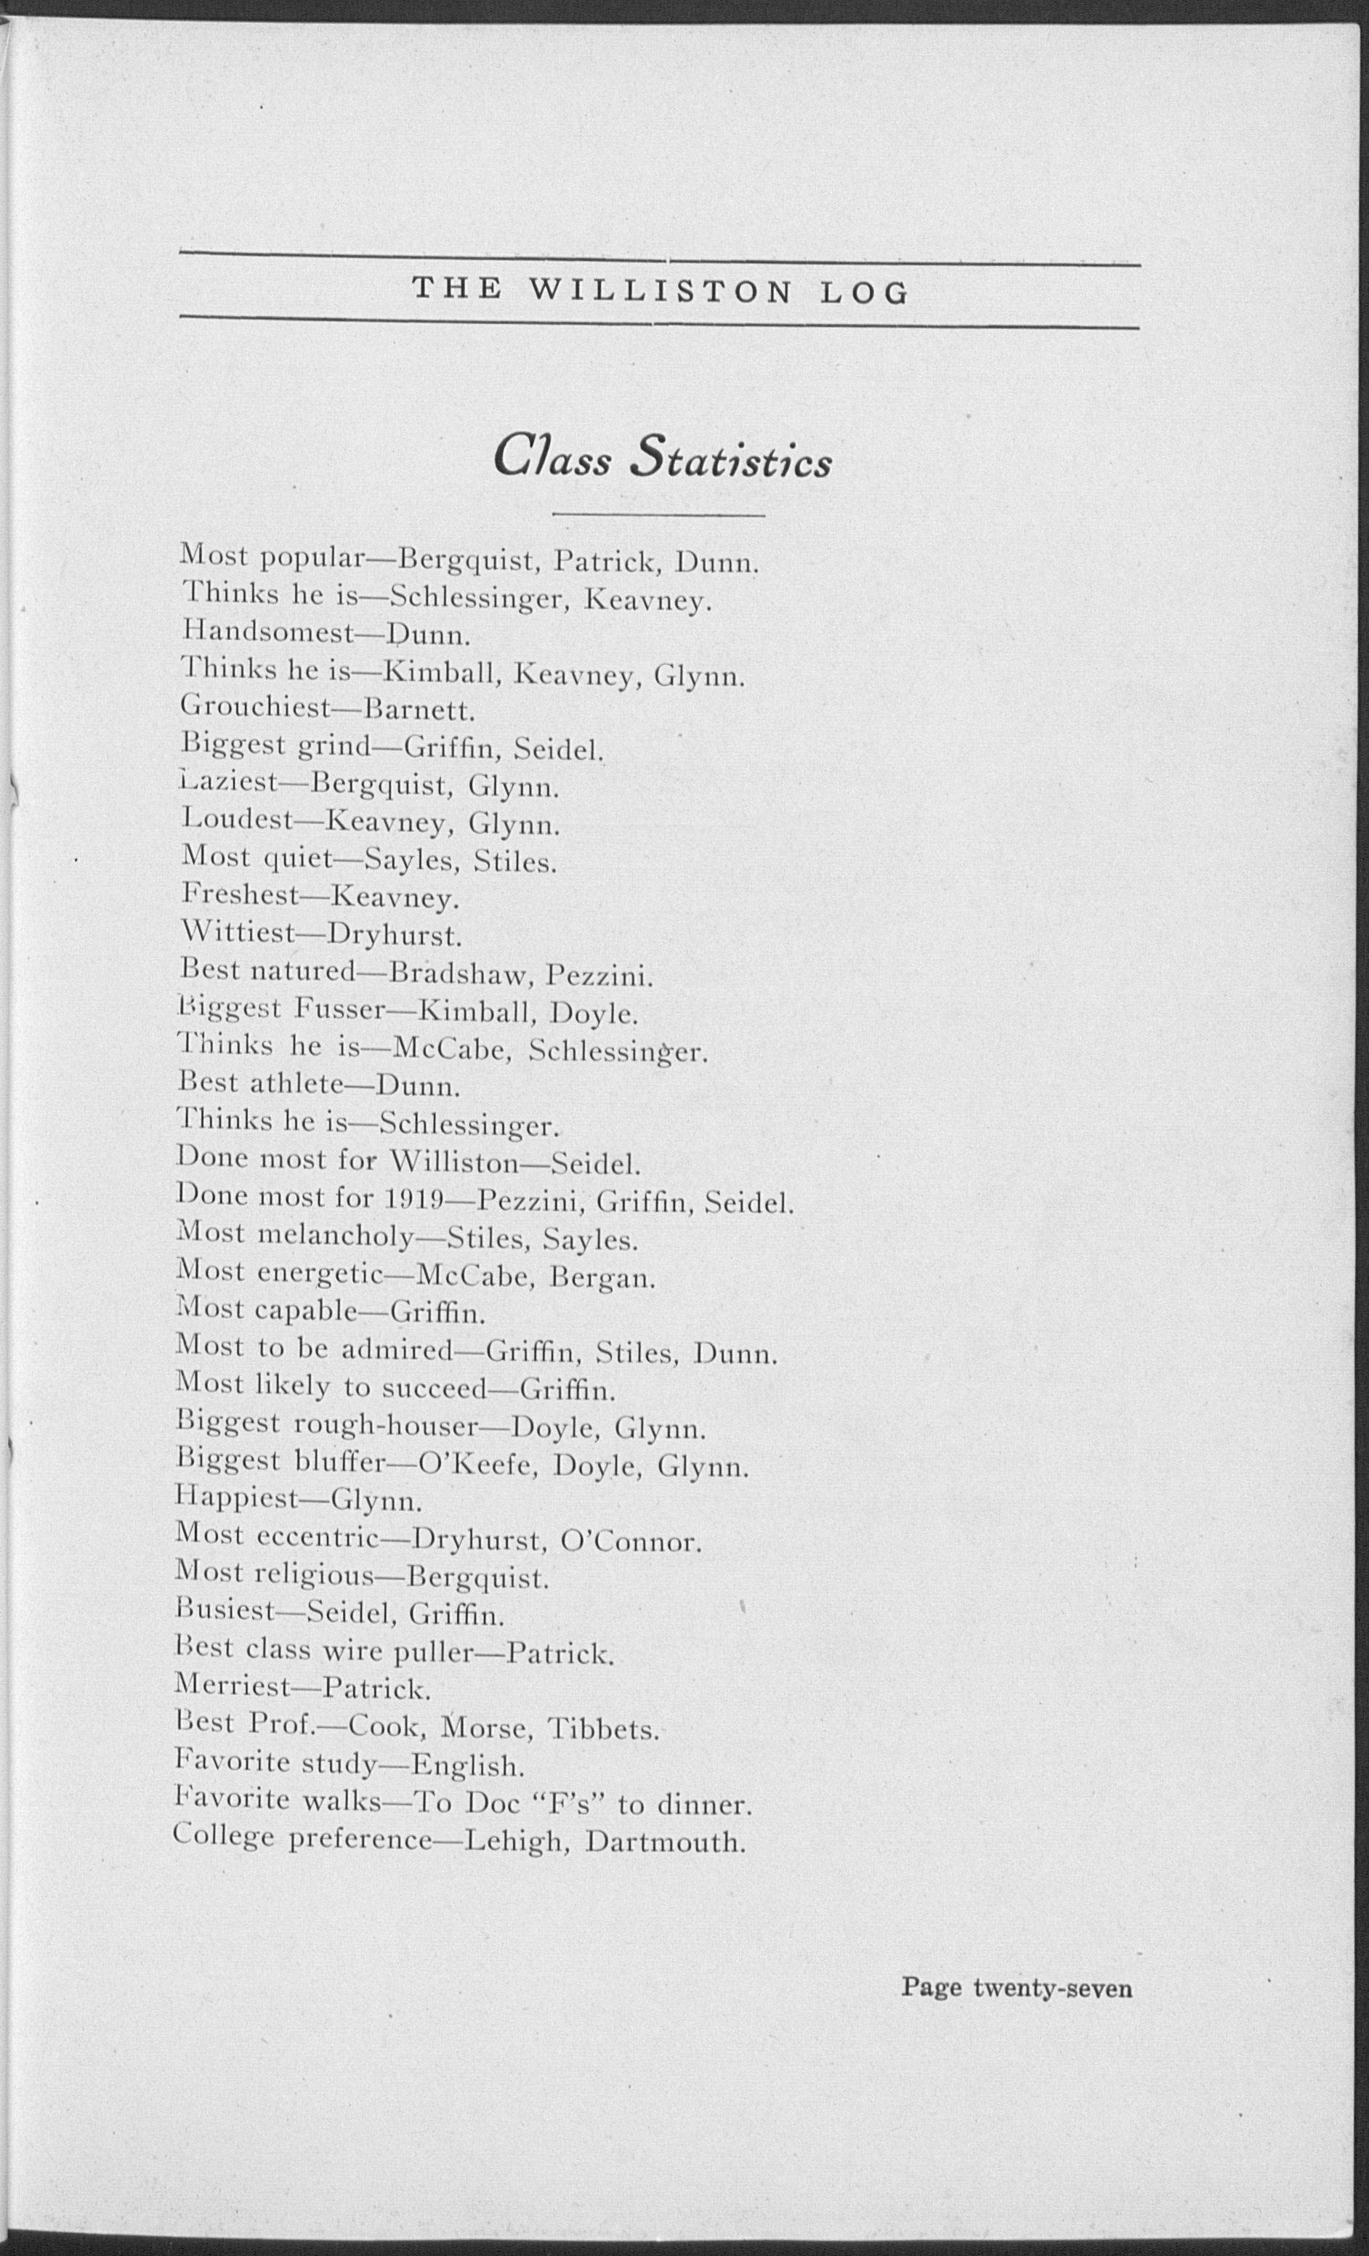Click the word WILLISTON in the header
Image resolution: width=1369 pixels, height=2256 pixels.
[659, 292]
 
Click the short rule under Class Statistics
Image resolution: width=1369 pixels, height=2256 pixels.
[658, 515]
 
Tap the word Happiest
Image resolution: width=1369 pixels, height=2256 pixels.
[236, 1502]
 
